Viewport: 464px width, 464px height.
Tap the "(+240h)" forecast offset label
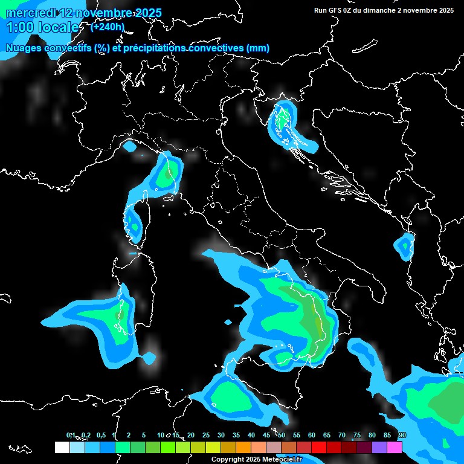point(108,27)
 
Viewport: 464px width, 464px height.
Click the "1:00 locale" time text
point(42,27)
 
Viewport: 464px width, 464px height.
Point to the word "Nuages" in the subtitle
point(25,48)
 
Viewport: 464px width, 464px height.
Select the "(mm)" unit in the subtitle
point(257,48)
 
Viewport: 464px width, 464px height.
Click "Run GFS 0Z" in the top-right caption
point(337,10)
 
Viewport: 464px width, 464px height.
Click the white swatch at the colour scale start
point(62,447)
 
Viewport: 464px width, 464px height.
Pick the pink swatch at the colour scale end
point(395,447)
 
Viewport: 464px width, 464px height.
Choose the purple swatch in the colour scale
point(379,447)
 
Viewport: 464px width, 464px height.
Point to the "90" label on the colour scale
point(402,435)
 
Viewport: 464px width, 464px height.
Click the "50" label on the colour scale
point(281,435)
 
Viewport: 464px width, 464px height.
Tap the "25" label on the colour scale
point(205,435)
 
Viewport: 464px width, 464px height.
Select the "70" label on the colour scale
point(341,435)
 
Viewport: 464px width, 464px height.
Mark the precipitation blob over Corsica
point(132,224)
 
